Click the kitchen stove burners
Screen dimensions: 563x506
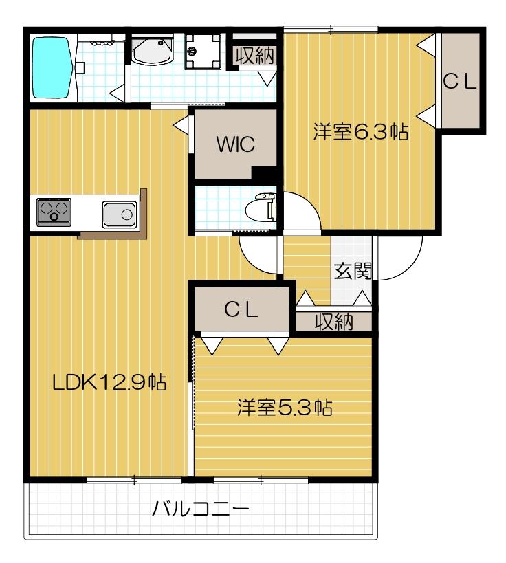pyautogui.click(x=54, y=211)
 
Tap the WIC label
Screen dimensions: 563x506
pyautogui.click(x=235, y=145)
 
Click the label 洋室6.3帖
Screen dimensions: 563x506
pyautogui.click(x=360, y=132)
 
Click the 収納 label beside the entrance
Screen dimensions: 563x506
pyautogui.click(x=333, y=322)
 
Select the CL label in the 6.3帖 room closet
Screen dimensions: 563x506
pyautogui.click(x=459, y=81)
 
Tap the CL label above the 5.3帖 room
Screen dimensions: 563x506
pyautogui.click(x=241, y=309)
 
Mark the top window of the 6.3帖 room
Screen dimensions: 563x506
pyautogui.click(x=331, y=29)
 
